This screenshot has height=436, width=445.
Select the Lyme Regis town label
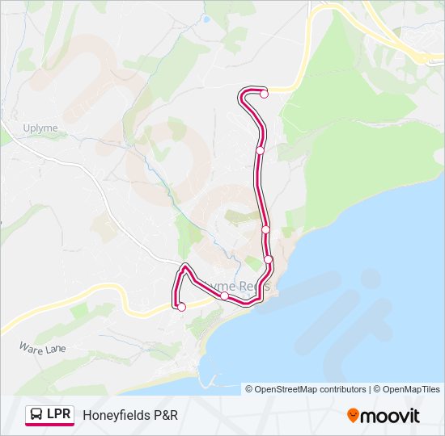pyautogui.click(x=239, y=286)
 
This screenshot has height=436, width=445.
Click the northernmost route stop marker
pyautogui.click(x=264, y=94)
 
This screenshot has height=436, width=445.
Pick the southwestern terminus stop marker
pyautogui.click(x=181, y=307)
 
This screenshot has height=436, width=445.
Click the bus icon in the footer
pyautogui.click(x=36, y=415)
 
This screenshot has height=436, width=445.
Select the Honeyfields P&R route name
pyautogui.click(x=129, y=415)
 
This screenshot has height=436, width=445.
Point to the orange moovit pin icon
pyautogui.click(x=353, y=416)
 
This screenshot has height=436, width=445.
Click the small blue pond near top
pyautogui.click(x=207, y=19)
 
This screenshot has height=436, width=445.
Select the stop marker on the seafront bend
pyautogui.click(x=269, y=259)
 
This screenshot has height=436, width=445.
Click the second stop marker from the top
pyautogui.click(x=260, y=150)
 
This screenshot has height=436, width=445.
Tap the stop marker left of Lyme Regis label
pyautogui.click(x=224, y=296)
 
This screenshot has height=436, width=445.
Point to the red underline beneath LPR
pyautogui.click(x=49, y=425)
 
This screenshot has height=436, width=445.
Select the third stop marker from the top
pyautogui.click(x=265, y=229)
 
